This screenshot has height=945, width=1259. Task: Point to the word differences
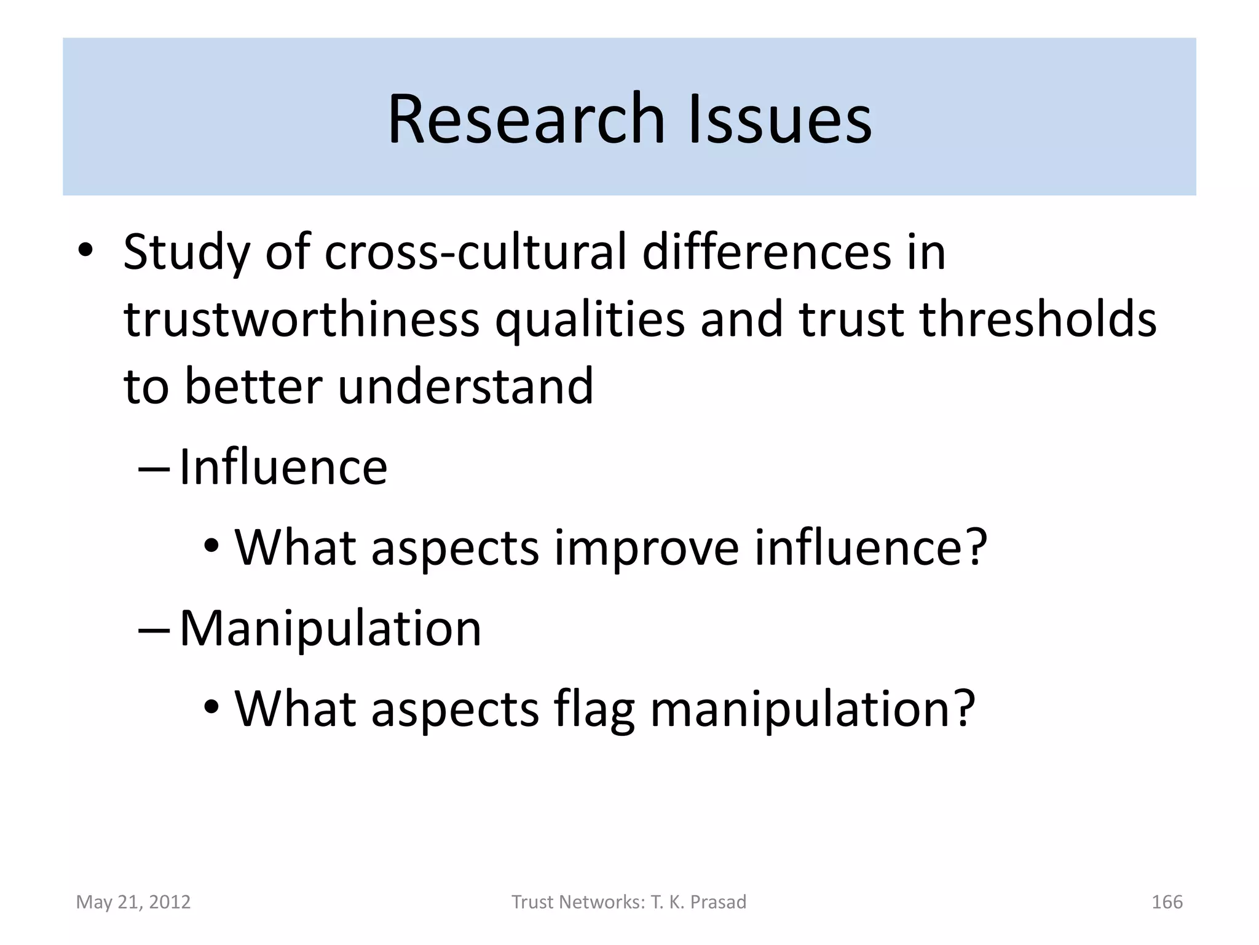pos(766,252)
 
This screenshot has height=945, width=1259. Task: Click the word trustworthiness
pos(301,320)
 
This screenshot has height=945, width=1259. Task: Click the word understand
pos(466,387)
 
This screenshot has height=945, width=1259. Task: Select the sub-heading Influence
pos(283,468)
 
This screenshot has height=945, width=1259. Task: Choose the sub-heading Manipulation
pos(330,629)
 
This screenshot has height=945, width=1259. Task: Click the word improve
pos(646,547)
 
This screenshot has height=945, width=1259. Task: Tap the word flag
pos(594,709)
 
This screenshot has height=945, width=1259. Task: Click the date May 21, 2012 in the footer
pos(133,902)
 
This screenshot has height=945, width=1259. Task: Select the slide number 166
pos(1167,902)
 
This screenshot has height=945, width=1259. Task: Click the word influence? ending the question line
pos(870,547)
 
